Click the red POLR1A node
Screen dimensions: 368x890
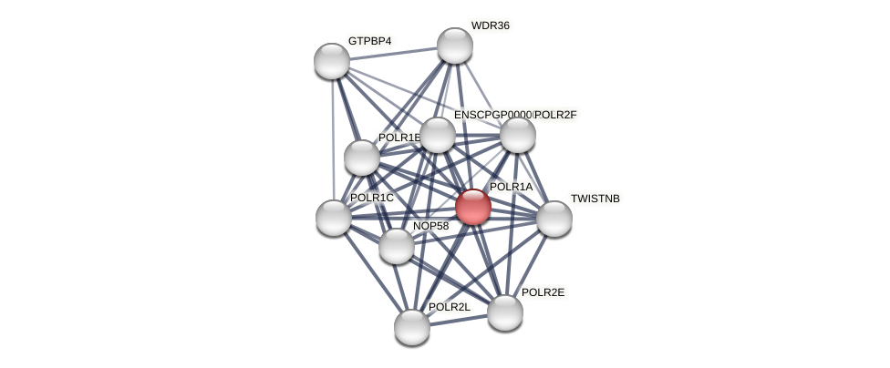coord(472,207)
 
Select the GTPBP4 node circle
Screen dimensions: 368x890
coord(332,61)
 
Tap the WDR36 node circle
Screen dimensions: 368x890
coord(454,46)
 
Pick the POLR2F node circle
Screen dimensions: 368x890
coord(517,135)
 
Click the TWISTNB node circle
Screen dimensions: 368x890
coord(554,219)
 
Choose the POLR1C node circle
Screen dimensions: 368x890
coord(334,218)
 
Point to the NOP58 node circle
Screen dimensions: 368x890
coord(396,246)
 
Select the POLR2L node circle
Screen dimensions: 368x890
coord(412,326)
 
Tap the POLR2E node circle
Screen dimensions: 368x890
coord(505,312)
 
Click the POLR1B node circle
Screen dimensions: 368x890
coord(362,158)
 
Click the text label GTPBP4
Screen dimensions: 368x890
coord(369,41)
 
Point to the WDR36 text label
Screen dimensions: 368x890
coord(490,26)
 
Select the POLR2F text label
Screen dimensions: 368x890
coord(556,115)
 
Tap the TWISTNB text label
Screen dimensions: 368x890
coord(595,199)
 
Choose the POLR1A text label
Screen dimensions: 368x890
coord(511,187)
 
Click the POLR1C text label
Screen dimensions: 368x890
coord(372,198)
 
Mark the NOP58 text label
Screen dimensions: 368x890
coord(433,226)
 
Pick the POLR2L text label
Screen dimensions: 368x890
coord(450,307)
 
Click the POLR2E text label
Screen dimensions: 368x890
coord(543,292)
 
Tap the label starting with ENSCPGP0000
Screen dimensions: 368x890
coord(492,115)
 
